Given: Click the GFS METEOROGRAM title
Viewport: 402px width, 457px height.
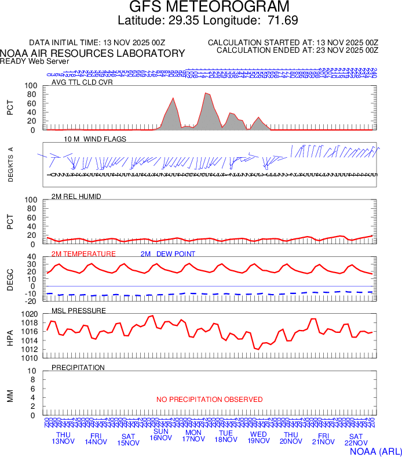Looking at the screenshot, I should click(208, 7).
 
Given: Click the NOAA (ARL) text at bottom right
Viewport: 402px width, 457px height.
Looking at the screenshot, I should click(375, 450).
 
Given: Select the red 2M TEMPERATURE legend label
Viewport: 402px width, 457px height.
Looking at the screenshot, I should click(83, 254).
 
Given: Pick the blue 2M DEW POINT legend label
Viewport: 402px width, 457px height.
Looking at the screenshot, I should click(167, 254).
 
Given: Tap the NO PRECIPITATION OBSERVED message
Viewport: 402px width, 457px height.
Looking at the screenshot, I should click(209, 400).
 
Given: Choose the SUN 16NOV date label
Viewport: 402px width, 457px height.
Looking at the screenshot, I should click(160, 434).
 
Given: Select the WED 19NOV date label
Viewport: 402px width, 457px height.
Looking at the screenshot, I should click(258, 438).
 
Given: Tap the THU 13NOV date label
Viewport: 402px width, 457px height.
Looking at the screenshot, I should click(63, 438).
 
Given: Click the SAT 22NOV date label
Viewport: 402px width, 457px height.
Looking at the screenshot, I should click(356, 440).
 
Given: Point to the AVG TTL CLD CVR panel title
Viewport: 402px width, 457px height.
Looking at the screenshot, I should click(82, 82).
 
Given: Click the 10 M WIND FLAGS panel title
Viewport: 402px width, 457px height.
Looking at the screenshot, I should click(95, 139).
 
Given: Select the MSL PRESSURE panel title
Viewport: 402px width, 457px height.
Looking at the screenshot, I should click(79, 311).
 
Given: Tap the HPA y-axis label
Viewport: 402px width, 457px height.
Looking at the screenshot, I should click(9, 336).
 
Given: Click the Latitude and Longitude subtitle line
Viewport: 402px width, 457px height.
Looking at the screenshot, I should click(208, 21).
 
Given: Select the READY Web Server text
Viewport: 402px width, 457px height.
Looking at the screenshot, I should click(35, 61).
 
